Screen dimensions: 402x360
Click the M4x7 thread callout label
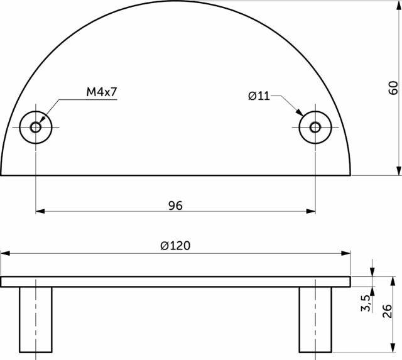[102, 92]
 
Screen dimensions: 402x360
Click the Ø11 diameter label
[259, 96]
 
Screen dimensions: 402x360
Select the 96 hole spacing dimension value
[175, 205]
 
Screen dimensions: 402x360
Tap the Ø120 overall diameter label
[175, 246]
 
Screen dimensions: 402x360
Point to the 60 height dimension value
[393, 88]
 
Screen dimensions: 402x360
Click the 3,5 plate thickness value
[366, 303]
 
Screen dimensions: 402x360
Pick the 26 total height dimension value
[387, 311]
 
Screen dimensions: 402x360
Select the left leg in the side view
[36, 320]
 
